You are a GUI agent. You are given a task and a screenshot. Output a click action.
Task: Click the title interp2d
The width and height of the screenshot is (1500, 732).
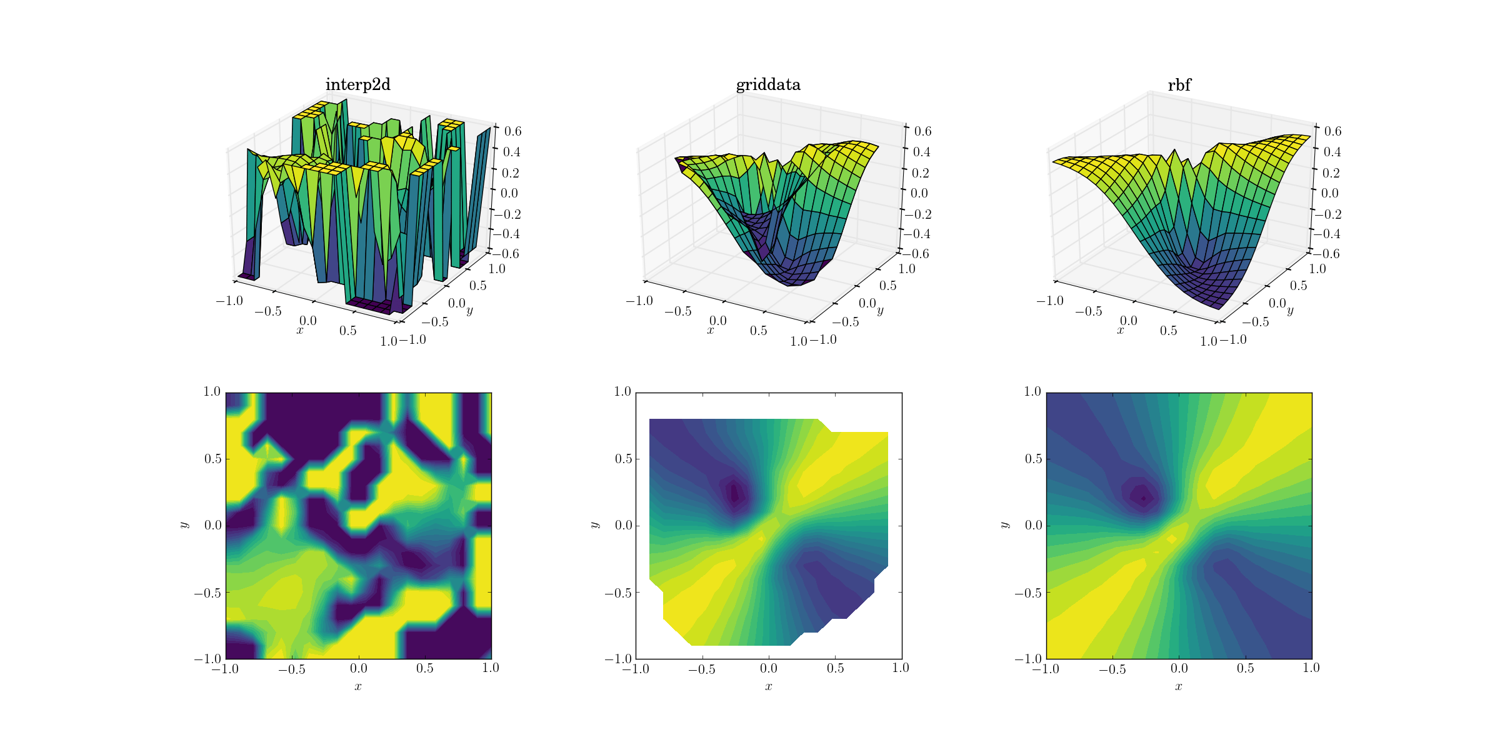point(357,85)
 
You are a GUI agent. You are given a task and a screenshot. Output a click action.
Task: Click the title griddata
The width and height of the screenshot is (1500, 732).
point(768,85)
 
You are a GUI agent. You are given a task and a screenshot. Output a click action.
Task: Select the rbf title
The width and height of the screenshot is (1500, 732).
point(1179,85)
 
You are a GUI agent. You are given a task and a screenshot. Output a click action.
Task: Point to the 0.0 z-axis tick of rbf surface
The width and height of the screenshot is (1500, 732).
point(1329,193)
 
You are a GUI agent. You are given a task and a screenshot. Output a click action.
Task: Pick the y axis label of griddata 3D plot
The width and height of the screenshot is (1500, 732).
point(880,310)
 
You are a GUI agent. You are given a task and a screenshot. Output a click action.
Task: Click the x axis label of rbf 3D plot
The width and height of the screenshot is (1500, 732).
point(1120,330)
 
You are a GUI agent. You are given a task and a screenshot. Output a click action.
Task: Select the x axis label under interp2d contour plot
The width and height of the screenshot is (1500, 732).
point(358,686)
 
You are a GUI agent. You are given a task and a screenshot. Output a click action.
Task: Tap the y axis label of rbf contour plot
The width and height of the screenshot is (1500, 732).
point(1004,525)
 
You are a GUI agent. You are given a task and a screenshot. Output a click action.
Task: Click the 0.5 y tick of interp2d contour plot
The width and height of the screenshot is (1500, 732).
point(212,459)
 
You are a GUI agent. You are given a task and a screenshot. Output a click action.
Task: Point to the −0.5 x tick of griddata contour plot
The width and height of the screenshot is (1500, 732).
point(702,669)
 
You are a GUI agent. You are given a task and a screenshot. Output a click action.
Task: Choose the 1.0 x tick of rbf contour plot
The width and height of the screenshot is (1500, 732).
point(1311,668)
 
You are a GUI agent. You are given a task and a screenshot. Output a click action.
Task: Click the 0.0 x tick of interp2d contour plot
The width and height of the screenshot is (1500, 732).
point(358,668)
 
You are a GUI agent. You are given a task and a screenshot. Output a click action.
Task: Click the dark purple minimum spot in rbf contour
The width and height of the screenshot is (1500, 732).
point(1143,498)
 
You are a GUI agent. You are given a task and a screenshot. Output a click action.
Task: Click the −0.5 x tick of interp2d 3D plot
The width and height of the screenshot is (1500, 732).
point(268,311)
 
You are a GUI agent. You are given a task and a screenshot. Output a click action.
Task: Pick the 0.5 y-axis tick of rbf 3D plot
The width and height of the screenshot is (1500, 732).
point(1298,286)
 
